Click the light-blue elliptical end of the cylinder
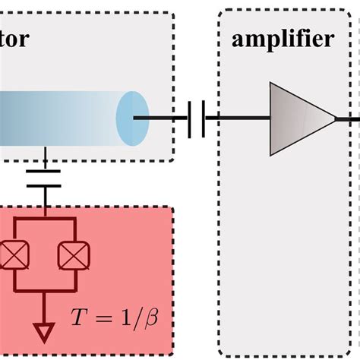(131, 118)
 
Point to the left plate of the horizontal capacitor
(190, 118)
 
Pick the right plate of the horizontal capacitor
(203, 118)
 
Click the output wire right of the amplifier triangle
(348, 118)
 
